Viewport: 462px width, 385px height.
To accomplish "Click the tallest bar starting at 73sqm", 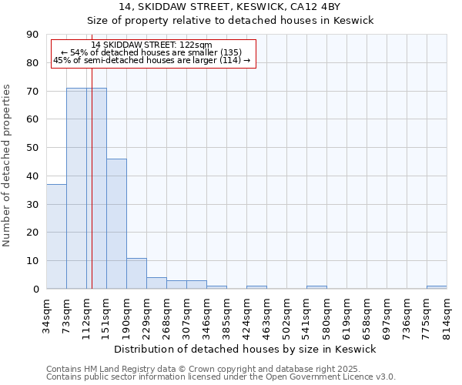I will (76, 189).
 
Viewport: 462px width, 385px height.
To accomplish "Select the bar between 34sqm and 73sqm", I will (56, 236).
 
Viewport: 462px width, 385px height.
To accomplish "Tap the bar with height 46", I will (116, 223).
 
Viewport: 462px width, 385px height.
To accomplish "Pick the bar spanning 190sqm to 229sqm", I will (136, 273).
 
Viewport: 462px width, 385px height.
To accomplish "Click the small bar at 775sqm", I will (437, 287).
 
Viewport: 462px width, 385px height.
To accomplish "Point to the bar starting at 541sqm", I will (316, 287).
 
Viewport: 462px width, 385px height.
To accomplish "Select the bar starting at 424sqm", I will (256, 287).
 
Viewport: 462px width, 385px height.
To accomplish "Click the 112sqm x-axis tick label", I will (86, 313).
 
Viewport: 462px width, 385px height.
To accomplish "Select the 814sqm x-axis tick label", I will (447, 313).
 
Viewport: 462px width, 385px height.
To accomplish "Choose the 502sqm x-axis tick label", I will (286, 313).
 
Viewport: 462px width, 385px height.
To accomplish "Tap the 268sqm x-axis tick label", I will (166, 313).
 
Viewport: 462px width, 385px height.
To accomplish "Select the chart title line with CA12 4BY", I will (230, 7).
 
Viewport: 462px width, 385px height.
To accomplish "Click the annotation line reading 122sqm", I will (151, 45).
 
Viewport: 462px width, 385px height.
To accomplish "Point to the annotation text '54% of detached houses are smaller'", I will (151, 52).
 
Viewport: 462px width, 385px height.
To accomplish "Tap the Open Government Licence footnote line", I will (220, 377).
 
